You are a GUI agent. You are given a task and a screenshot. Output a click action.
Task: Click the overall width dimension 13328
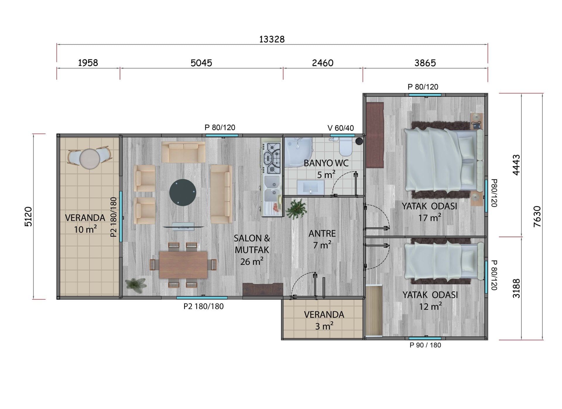(x=272, y=39)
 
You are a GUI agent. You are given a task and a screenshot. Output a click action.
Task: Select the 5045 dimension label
(x=201, y=63)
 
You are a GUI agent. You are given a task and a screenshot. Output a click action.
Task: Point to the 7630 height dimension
(x=537, y=216)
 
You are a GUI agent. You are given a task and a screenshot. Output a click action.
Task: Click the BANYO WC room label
(x=326, y=163)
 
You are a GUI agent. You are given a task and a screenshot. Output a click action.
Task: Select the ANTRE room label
(x=322, y=233)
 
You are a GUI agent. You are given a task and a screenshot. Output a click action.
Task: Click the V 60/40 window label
(x=340, y=128)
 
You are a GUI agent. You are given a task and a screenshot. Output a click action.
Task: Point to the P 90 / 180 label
(x=425, y=345)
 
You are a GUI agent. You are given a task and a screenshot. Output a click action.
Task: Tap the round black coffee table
(x=183, y=193)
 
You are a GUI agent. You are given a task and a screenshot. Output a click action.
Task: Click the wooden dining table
(x=183, y=264)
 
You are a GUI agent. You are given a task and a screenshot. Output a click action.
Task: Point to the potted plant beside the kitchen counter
(x=297, y=209)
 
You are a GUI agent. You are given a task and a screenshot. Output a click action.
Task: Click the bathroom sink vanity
(x=311, y=187)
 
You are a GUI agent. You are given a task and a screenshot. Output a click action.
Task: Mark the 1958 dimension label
(x=88, y=63)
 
